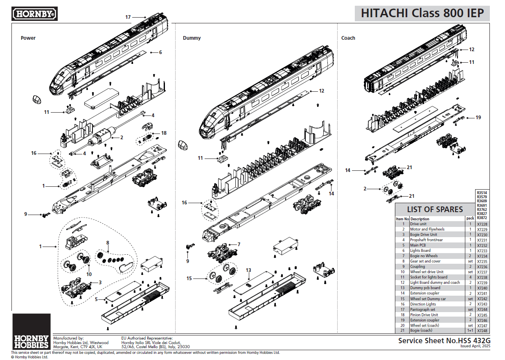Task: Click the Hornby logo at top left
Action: click(35, 14)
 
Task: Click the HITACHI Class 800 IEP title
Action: click(422, 13)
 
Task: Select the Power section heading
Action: click(28, 38)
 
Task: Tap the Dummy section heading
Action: click(192, 38)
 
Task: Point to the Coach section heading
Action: click(348, 38)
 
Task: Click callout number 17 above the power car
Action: click(128, 17)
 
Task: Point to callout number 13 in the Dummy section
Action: click(248, 270)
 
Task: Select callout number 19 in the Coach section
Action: click(478, 118)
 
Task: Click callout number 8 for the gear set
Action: click(108, 243)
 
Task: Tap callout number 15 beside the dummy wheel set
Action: click(189, 278)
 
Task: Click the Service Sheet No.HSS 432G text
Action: click(444, 340)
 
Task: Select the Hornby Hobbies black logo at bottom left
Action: click(32, 332)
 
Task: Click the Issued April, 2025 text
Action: click(475, 346)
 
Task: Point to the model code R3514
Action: click(482, 192)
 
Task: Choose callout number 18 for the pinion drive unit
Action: click(164, 133)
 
